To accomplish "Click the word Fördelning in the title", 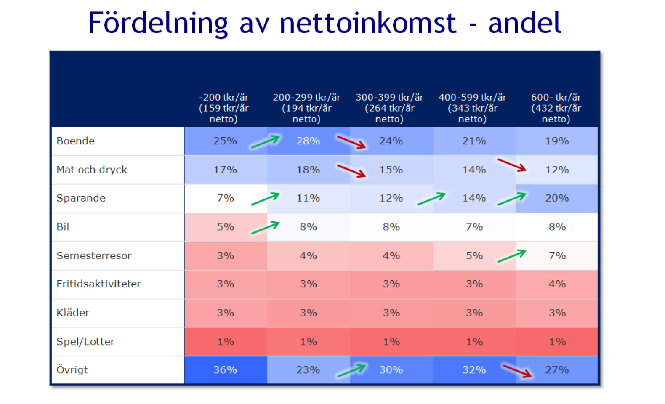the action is pyautogui.click(x=158, y=24).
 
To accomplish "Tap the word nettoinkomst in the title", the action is pyautogui.click(x=368, y=23).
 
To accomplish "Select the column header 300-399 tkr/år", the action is pyautogui.click(x=389, y=97).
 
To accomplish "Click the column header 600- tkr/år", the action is pyautogui.click(x=556, y=97).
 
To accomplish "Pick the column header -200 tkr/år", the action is pyautogui.click(x=223, y=97).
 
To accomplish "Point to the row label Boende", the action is pyautogui.click(x=75, y=141).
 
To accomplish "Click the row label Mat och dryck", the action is pyautogui.click(x=92, y=170).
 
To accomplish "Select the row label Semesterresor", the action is pyautogui.click(x=94, y=255).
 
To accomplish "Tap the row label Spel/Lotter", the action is pyautogui.click(x=85, y=342).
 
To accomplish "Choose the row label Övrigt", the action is pyautogui.click(x=72, y=369).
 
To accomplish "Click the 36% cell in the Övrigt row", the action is pyautogui.click(x=225, y=370).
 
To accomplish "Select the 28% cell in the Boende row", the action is pyautogui.click(x=308, y=141).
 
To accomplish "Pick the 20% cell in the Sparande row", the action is pyautogui.click(x=557, y=198).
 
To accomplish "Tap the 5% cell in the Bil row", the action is pyautogui.click(x=225, y=227).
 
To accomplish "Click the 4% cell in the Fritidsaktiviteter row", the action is pyautogui.click(x=557, y=284).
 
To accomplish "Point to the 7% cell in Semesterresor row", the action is pyautogui.click(x=557, y=255).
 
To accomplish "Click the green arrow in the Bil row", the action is pyautogui.click(x=265, y=228).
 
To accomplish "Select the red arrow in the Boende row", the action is pyautogui.click(x=351, y=142).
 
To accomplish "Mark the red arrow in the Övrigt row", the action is pyautogui.click(x=517, y=371).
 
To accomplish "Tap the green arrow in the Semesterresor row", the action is pyautogui.click(x=512, y=256).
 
